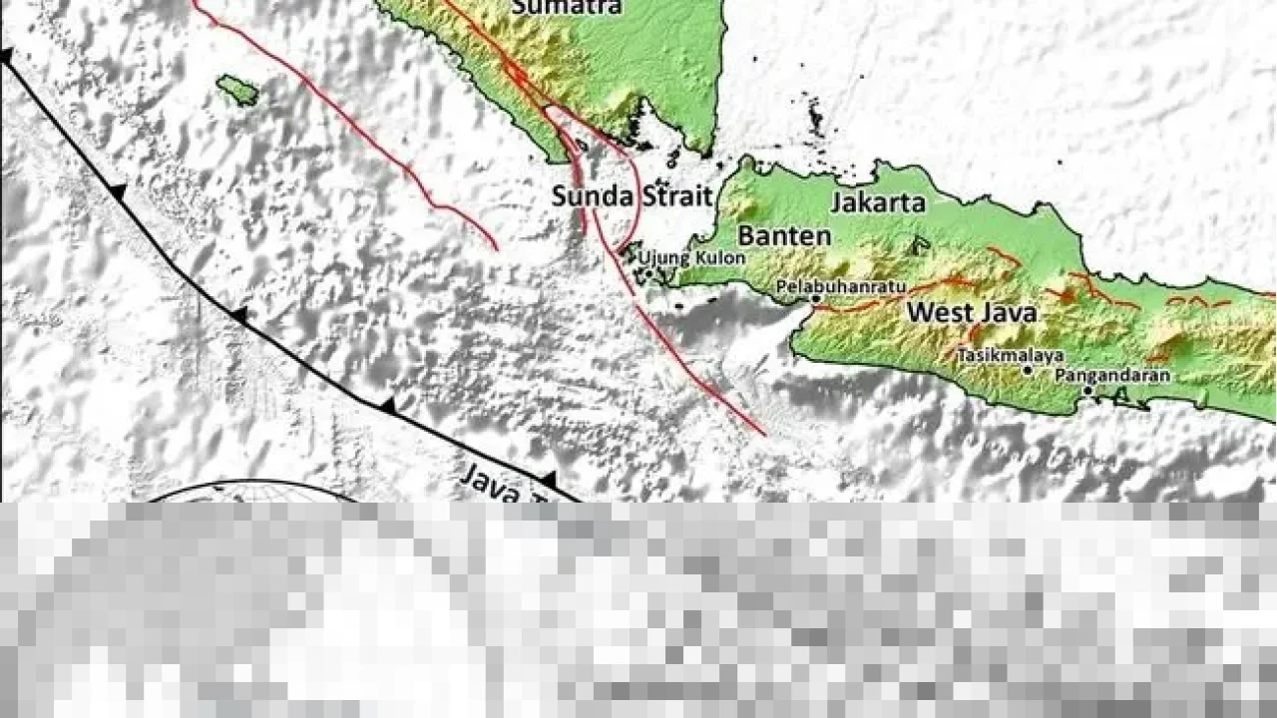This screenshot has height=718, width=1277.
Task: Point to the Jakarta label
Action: click(x=878, y=203)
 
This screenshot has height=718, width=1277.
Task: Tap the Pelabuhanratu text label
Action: click(x=841, y=286)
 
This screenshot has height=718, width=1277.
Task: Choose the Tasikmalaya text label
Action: click(x=1010, y=354)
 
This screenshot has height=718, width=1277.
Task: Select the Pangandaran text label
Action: click(x=1112, y=375)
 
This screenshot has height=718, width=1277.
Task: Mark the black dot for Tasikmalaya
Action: click(x=1027, y=370)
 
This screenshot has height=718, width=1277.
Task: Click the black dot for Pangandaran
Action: click(x=1087, y=390)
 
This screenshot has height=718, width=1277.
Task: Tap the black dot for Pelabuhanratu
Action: click(x=815, y=298)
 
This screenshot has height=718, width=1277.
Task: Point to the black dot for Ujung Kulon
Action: click(x=647, y=271)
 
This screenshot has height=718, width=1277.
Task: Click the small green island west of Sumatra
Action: click(x=237, y=90)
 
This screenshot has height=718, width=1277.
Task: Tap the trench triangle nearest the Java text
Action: click(x=548, y=480)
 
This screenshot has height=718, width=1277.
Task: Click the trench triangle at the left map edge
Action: click(x=6, y=57)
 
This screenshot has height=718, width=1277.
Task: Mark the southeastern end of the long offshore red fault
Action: click(x=764, y=435)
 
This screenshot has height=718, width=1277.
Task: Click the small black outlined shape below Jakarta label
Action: click(x=919, y=244)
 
